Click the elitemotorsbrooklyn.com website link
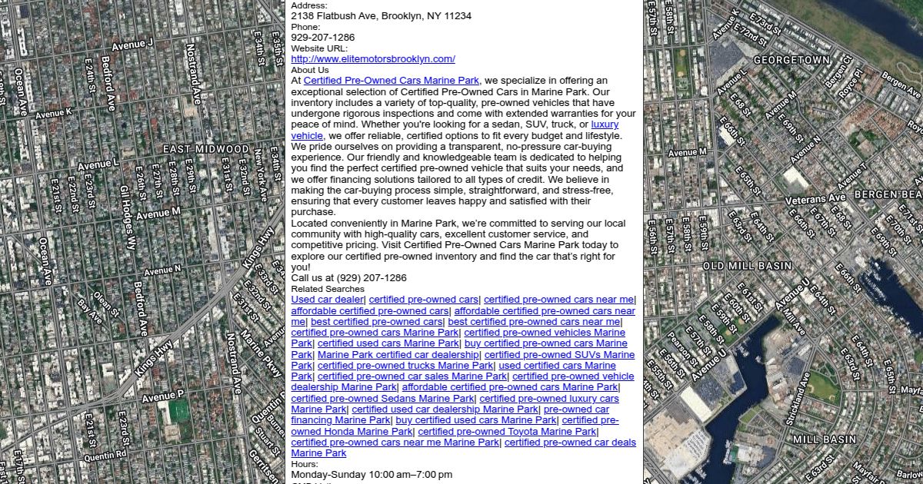[x=373, y=59]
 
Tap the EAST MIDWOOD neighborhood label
[x=206, y=149]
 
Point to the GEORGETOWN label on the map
[x=791, y=60]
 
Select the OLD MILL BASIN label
[x=747, y=266]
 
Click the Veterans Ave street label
[x=815, y=200]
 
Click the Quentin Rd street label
[x=105, y=456]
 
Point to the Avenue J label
[x=132, y=45]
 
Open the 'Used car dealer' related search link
[x=328, y=300]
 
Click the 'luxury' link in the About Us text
[x=605, y=124]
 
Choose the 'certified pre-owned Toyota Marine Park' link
[x=507, y=432]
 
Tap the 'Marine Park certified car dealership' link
[x=398, y=355]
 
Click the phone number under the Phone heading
[x=323, y=38]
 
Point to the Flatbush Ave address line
[x=382, y=16]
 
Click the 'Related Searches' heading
[x=328, y=289]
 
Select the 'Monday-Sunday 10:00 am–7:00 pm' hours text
[x=372, y=475]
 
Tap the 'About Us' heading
[x=309, y=70]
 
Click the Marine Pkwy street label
[x=261, y=353]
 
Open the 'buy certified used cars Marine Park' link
[x=475, y=420]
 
